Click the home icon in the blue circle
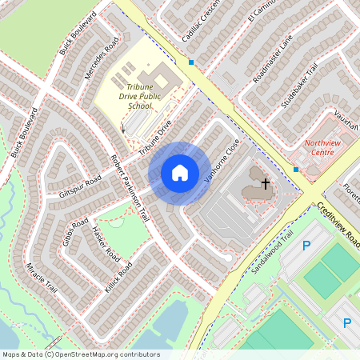click(x=180, y=173)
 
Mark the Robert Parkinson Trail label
click(x=130, y=188)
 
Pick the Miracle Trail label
click(x=42, y=278)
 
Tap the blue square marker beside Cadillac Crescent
click(x=191, y=62)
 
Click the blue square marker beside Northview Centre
click(x=296, y=170)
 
